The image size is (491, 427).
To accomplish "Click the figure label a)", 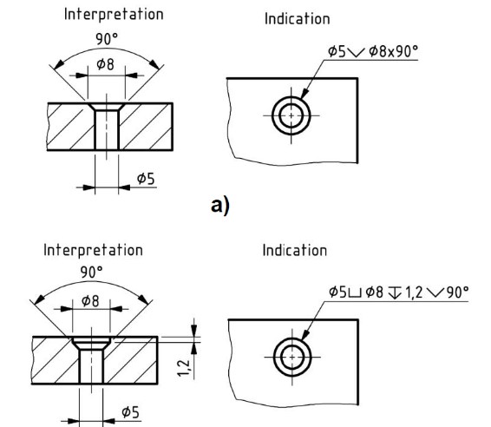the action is [x=220, y=206].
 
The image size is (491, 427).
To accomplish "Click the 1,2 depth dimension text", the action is [x=184, y=368].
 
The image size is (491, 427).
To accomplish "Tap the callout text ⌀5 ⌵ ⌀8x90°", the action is [x=373, y=51].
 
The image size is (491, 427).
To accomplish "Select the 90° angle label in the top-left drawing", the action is [x=107, y=39].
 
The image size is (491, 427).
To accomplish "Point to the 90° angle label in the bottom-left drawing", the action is [x=91, y=273].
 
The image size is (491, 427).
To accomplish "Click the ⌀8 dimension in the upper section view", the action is [x=106, y=64].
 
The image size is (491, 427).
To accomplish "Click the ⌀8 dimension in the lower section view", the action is [x=90, y=301].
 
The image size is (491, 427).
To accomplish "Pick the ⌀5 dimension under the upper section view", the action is [x=146, y=179].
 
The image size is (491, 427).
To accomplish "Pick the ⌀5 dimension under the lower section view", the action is [x=130, y=412].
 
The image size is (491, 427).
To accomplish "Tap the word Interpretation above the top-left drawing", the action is [x=114, y=15].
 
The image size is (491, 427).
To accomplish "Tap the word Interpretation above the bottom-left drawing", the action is [x=93, y=250].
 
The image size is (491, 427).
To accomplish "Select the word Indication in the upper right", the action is [x=298, y=19].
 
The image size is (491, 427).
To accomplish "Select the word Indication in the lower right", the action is [x=295, y=251].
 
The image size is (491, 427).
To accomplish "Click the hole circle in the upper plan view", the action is [x=291, y=97].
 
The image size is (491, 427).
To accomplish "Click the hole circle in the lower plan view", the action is [x=292, y=338].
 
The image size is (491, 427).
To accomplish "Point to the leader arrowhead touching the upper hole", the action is [x=304, y=94].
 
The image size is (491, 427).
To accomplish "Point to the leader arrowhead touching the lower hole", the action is [x=305, y=335].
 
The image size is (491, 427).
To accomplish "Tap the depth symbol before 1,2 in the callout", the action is [x=394, y=293].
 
